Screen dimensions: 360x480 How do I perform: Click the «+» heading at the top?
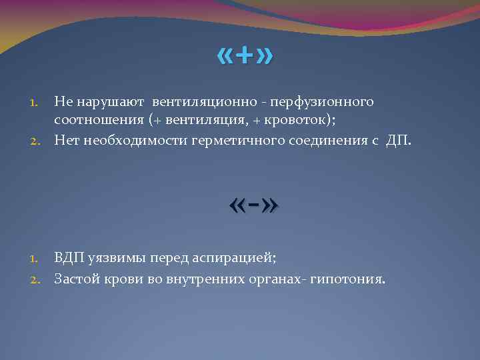point(245,58)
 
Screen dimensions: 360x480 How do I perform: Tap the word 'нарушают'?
point(111,102)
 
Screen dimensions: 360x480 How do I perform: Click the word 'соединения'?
point(325,139)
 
